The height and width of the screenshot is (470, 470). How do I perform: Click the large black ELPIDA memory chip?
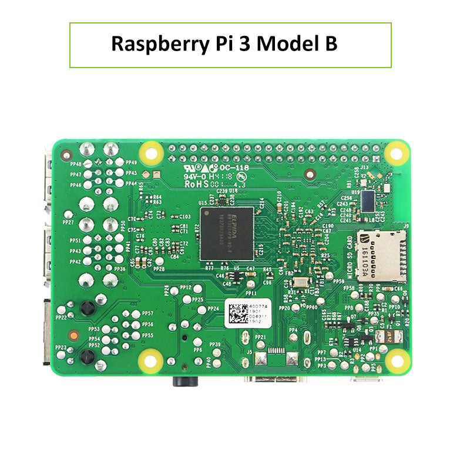(227, 233)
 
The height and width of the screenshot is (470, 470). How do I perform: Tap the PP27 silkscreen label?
(68, 223)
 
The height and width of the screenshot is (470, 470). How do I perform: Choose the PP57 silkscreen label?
(147, 313)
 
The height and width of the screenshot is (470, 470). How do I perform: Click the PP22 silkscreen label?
(61, 317)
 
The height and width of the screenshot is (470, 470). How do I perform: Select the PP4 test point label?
(294, 330)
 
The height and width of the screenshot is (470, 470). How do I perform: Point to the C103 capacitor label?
(184, 216)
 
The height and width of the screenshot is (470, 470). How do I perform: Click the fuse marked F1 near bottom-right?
(389, 337)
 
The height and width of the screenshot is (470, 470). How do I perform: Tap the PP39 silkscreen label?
(214, 344)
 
